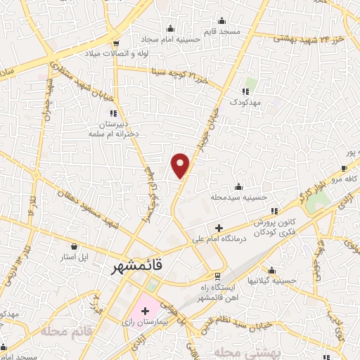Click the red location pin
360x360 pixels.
click(x=181, y=165)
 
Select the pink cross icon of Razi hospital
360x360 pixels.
click(x=145, y=310)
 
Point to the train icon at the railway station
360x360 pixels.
click(x=218, y=275)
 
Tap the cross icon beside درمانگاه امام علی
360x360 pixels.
click(x=219, y=229)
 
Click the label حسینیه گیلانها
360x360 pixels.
click(x=276, y=281)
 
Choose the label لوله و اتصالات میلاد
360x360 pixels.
click(x=112, y=53)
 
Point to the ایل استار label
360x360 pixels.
click(x=73, y=257)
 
